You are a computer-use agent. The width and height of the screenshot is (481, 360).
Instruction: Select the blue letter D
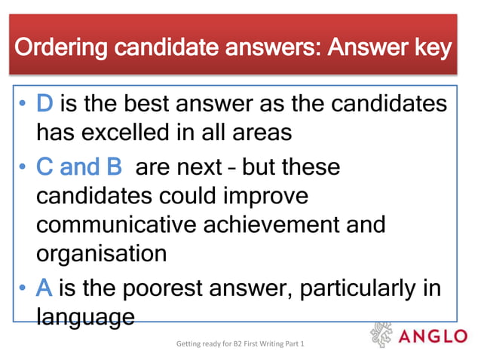[x=44, y=104]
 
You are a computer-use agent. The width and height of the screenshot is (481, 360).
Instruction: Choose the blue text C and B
[x=79, y=166]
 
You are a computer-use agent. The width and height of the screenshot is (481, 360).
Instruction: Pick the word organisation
[x=101, y=253]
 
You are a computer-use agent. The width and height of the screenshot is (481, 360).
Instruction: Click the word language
[x=85, y=316]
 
